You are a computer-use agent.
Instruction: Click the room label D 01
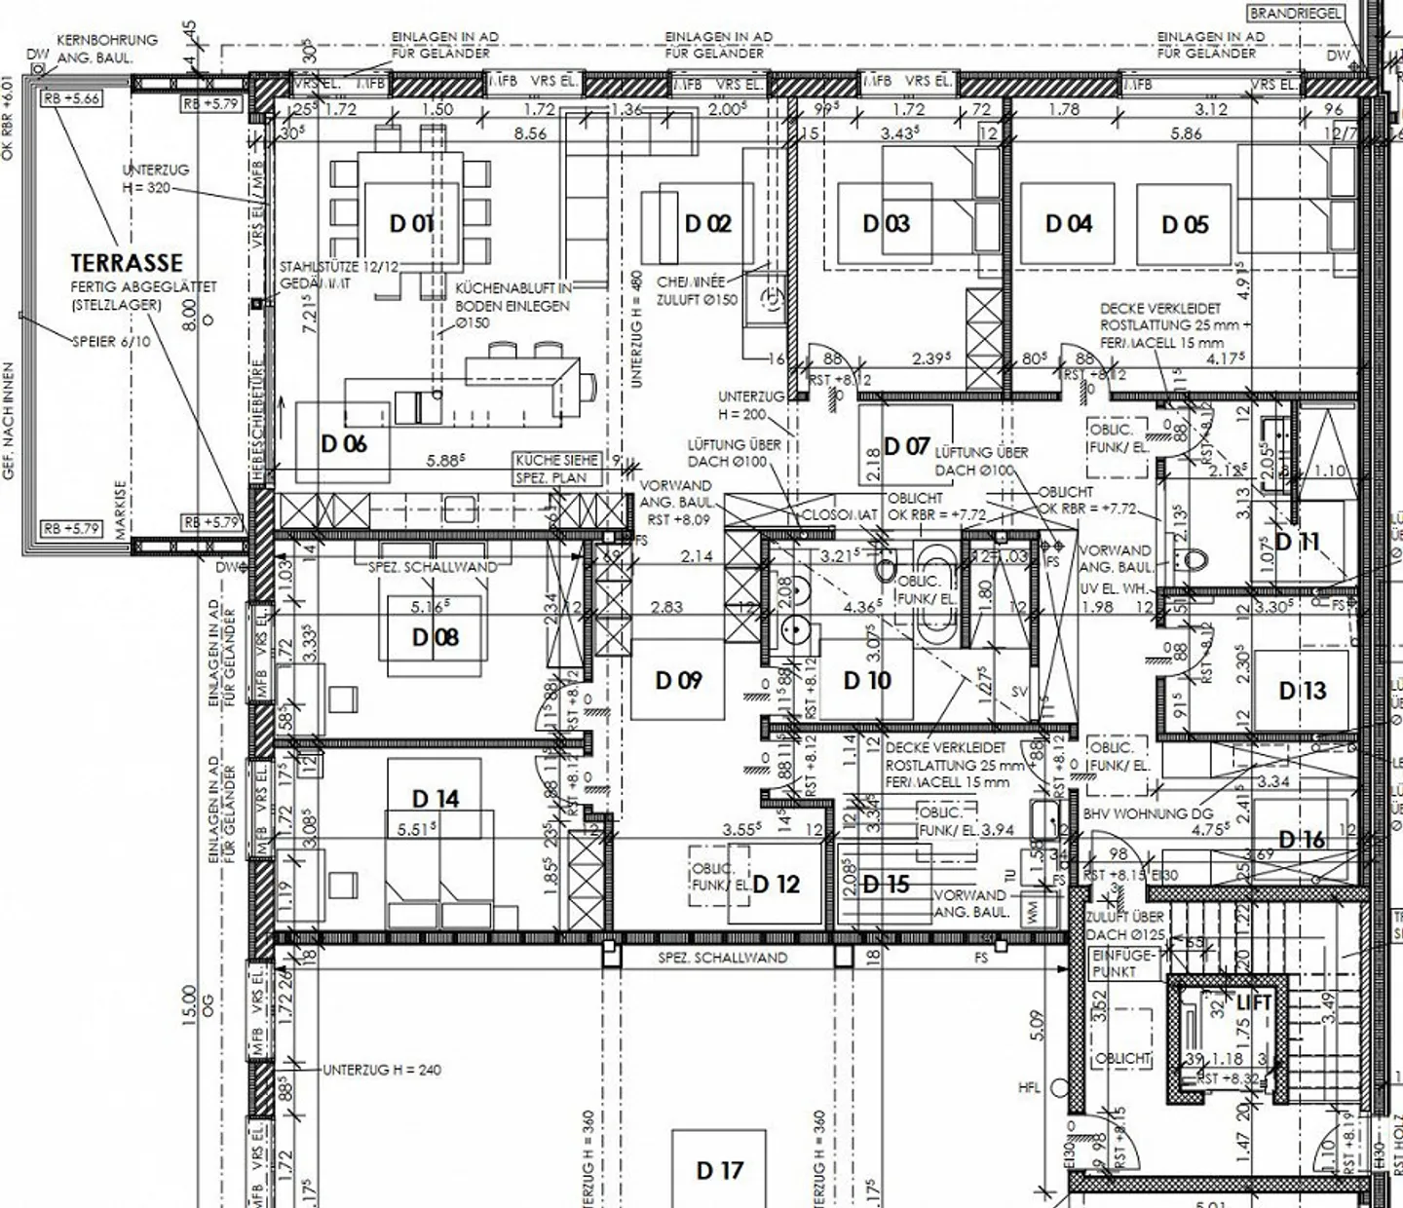point(411,224)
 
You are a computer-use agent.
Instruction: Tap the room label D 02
point(707,224)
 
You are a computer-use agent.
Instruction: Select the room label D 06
point(344,444)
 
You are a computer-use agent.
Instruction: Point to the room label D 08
point(436,637)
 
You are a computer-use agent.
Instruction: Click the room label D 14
point(436,799)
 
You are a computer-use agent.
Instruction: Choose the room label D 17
point(720,1171)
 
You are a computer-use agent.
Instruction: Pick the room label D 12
point(776,884)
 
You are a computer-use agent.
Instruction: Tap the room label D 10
point(867,681)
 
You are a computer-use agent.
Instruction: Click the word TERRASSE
point(127,263)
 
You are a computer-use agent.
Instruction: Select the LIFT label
point(1254,1001)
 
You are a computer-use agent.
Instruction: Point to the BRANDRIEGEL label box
point(1296,13)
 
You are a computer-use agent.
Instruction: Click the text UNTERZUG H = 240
point(382,1070)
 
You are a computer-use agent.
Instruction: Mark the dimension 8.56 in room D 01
point(530,133)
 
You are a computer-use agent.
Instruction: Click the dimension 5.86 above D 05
point(1186,133)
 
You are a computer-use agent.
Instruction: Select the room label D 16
point(1302,840)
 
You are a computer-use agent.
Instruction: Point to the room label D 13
point(1303,691)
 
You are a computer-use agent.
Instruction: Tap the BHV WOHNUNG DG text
point(1135,813)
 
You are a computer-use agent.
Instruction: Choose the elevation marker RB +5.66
point(72,98)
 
